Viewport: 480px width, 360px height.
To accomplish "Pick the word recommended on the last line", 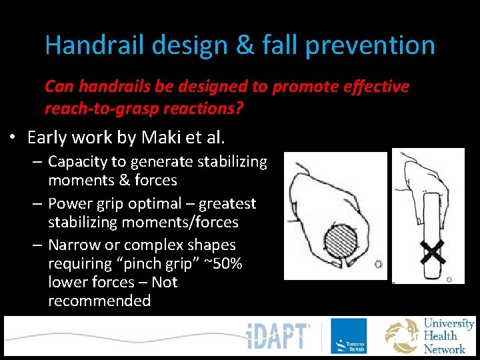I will [x=99, y=301].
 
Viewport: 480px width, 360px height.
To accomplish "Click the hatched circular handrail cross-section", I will [x=345, y=239].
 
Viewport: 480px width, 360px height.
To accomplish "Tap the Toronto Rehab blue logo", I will [x=349, y=336].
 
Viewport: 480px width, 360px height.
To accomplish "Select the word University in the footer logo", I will [x=449, y=324].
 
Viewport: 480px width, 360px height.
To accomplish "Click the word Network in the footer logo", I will [x=445, y=348].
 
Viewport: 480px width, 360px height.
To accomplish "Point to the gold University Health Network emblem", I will [x=403, y=336].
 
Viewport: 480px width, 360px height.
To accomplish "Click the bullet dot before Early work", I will [x=13, y=139].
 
